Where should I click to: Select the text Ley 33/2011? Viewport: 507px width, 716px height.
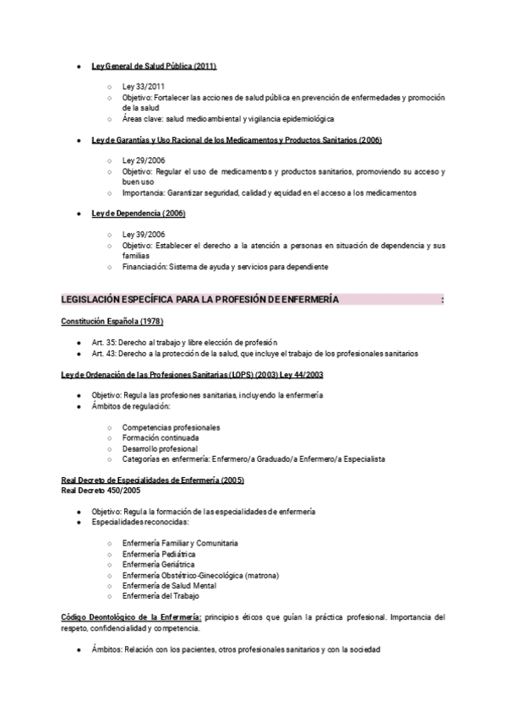point(144,87)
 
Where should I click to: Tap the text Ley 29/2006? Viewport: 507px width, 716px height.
point(144,160)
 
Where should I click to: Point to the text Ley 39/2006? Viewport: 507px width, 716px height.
point(144,234)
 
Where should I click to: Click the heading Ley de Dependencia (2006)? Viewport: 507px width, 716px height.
point(139,213)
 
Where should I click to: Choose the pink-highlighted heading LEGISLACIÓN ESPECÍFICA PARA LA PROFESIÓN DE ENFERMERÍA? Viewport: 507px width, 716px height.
point(200,300)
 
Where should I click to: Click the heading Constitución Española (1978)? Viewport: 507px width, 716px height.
point(112,322)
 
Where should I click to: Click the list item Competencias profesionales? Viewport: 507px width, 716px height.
point(171,427)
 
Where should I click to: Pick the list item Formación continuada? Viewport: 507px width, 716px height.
point(161,438)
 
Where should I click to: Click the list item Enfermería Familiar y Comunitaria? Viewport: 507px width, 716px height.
point(180,542)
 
